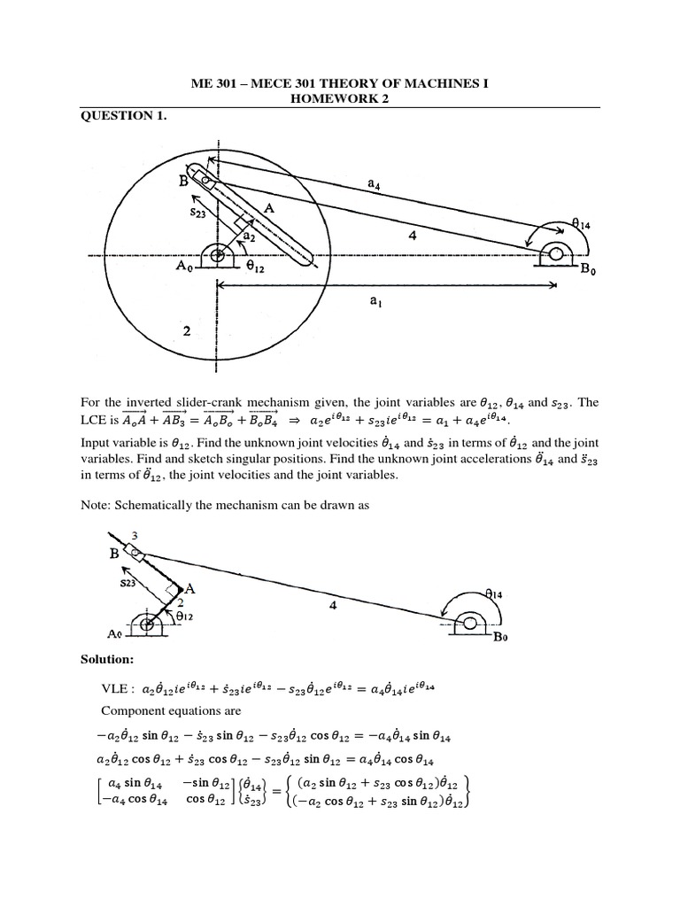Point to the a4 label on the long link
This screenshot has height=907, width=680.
[x=375, y=183]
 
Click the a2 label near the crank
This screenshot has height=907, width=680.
[x=251, y=237]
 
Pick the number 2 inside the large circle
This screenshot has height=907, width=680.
[x=187, y=331]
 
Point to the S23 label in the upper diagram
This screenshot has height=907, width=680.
[x=199, y=213]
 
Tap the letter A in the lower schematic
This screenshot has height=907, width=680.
[x=189, y=588]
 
